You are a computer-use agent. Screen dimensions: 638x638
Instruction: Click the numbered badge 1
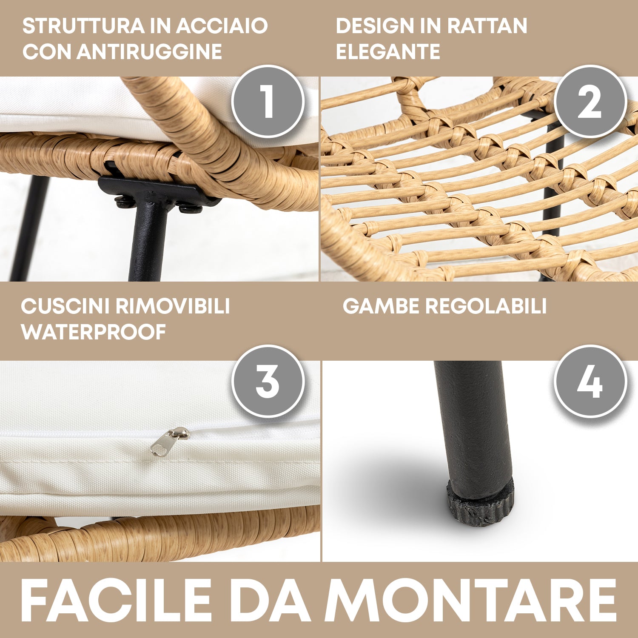[x=268, y=101]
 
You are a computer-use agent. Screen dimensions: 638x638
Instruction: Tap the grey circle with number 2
[x=590, y=101]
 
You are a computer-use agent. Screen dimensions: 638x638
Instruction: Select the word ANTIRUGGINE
[x=149, y=52]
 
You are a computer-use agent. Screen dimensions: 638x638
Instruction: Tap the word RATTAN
[x=487, y=26]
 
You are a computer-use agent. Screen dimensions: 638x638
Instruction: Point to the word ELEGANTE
[x=388, y=52]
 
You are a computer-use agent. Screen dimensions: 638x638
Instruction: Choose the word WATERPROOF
[x=94, y=332]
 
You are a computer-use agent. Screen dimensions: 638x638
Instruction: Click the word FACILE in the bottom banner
[x=116, y=600]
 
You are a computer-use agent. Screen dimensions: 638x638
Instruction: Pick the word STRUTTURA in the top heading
[x=83, y=26]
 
